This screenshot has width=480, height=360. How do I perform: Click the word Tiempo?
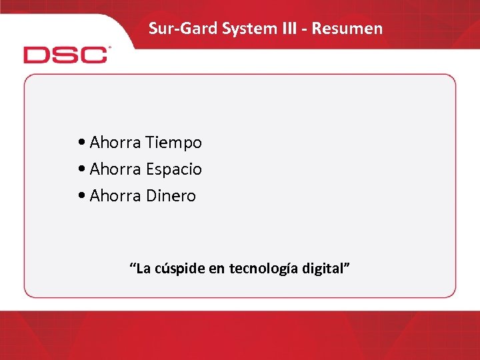[x=173, y=143]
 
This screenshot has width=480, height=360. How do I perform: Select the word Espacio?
[x=173, y=169]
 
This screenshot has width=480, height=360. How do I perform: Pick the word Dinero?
[x=171, y=196]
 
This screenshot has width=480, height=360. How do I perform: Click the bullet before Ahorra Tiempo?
[x=81, y=143]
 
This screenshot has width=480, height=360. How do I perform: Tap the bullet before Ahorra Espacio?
[x=81, y=169]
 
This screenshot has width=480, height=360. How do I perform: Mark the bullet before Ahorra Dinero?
[x=81, y=196]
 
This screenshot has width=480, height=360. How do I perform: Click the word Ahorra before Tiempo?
[x=115, y=143]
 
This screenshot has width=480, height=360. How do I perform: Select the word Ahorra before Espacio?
[x=115, y=169]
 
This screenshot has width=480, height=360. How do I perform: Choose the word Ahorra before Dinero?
[x=115, y=196]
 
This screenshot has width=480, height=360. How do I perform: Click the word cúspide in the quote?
[x=177, y=269]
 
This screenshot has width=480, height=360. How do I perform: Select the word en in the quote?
[x=216, y=269]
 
